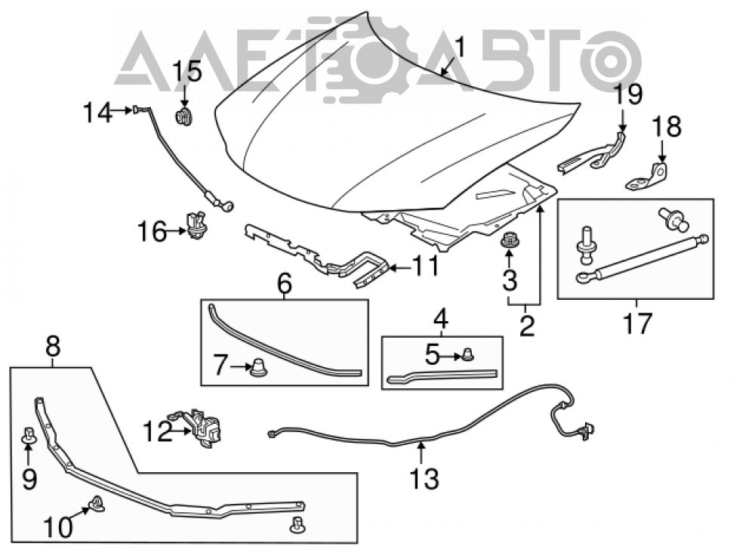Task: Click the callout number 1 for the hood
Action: [x=461, y=48]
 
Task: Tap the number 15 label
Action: [x=186, y=73]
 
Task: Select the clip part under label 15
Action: [x=183, y=117]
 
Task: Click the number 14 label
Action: [x=98, y=113]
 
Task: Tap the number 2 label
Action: [x=527, y=326]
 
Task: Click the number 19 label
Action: [x=628, y=94]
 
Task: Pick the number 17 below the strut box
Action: [x=637, y=323]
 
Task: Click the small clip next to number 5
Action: [x=467, y=355]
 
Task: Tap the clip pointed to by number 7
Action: [x=258, y=369]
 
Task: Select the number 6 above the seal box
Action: [x=285, y=284]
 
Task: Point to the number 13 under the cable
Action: [x=424, y=479]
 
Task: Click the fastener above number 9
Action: [x=27, y=436]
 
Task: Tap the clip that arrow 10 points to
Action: [x=97, y=503]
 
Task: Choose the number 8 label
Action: [x=53, y=347]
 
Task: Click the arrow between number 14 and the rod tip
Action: [x=122, y=111]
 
